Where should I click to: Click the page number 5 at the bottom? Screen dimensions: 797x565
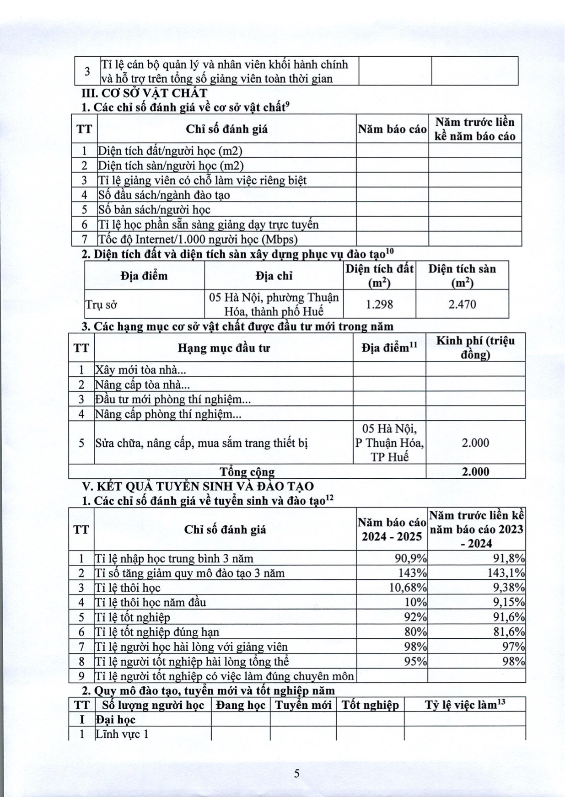coord(297,773)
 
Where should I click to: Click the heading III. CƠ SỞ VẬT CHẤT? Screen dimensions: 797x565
coord(144,93)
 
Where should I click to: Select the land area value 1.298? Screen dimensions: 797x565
coord(379,304)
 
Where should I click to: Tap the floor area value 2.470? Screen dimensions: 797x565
coord(462,304)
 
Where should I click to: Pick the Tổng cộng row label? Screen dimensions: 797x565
coord(247,471)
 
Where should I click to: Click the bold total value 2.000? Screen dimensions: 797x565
coord(475,471)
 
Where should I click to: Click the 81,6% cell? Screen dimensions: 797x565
coord(508,632)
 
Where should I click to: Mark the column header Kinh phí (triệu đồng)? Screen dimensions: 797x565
coord(475,348)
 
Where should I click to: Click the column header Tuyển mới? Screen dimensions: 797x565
coord(303,705)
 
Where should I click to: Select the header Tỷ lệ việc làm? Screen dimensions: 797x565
coord(464,705)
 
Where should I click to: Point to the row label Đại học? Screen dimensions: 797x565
coord(115,719)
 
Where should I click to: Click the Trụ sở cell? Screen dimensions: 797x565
coord(98,304)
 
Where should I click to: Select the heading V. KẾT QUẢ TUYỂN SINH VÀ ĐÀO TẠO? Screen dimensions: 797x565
coord(198,486)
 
